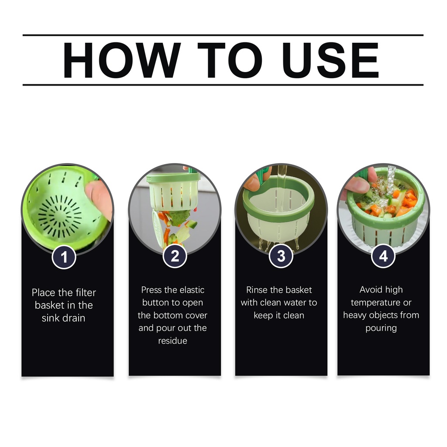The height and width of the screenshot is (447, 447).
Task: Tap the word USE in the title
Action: [x=330, y=60]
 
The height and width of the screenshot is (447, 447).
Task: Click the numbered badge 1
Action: [x=64, y=257]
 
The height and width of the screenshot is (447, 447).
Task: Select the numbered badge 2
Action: [x=175, y=256]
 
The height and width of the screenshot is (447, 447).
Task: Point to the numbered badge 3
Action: [x=281, y=256]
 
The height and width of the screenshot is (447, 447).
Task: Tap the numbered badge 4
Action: [x=383, y=256]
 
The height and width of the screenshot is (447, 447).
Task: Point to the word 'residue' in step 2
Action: [x=173, y=340]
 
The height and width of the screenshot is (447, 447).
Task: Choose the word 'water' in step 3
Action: [x=295, y=303]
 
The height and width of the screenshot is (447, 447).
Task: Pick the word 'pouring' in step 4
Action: [x=381, y=328]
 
